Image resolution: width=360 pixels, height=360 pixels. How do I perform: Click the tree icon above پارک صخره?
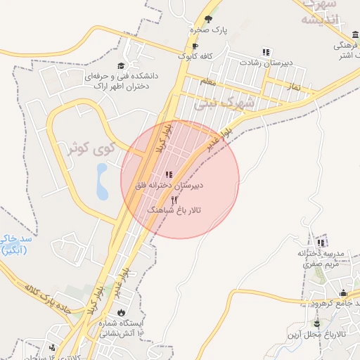[x=207, y=19]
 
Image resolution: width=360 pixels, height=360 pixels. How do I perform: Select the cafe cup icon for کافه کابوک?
[x=185, y=46]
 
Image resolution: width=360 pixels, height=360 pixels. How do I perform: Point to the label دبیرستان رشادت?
[x=265, y=63]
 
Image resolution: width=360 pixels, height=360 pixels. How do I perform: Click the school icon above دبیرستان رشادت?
[x=266, y=51]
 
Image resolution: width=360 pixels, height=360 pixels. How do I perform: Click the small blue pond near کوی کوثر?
[x=103, y=181]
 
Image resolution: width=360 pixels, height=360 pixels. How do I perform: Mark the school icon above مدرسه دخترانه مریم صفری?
[x=322, y=242]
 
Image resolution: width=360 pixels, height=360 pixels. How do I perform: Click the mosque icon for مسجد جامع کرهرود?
[x=344, y=294]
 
